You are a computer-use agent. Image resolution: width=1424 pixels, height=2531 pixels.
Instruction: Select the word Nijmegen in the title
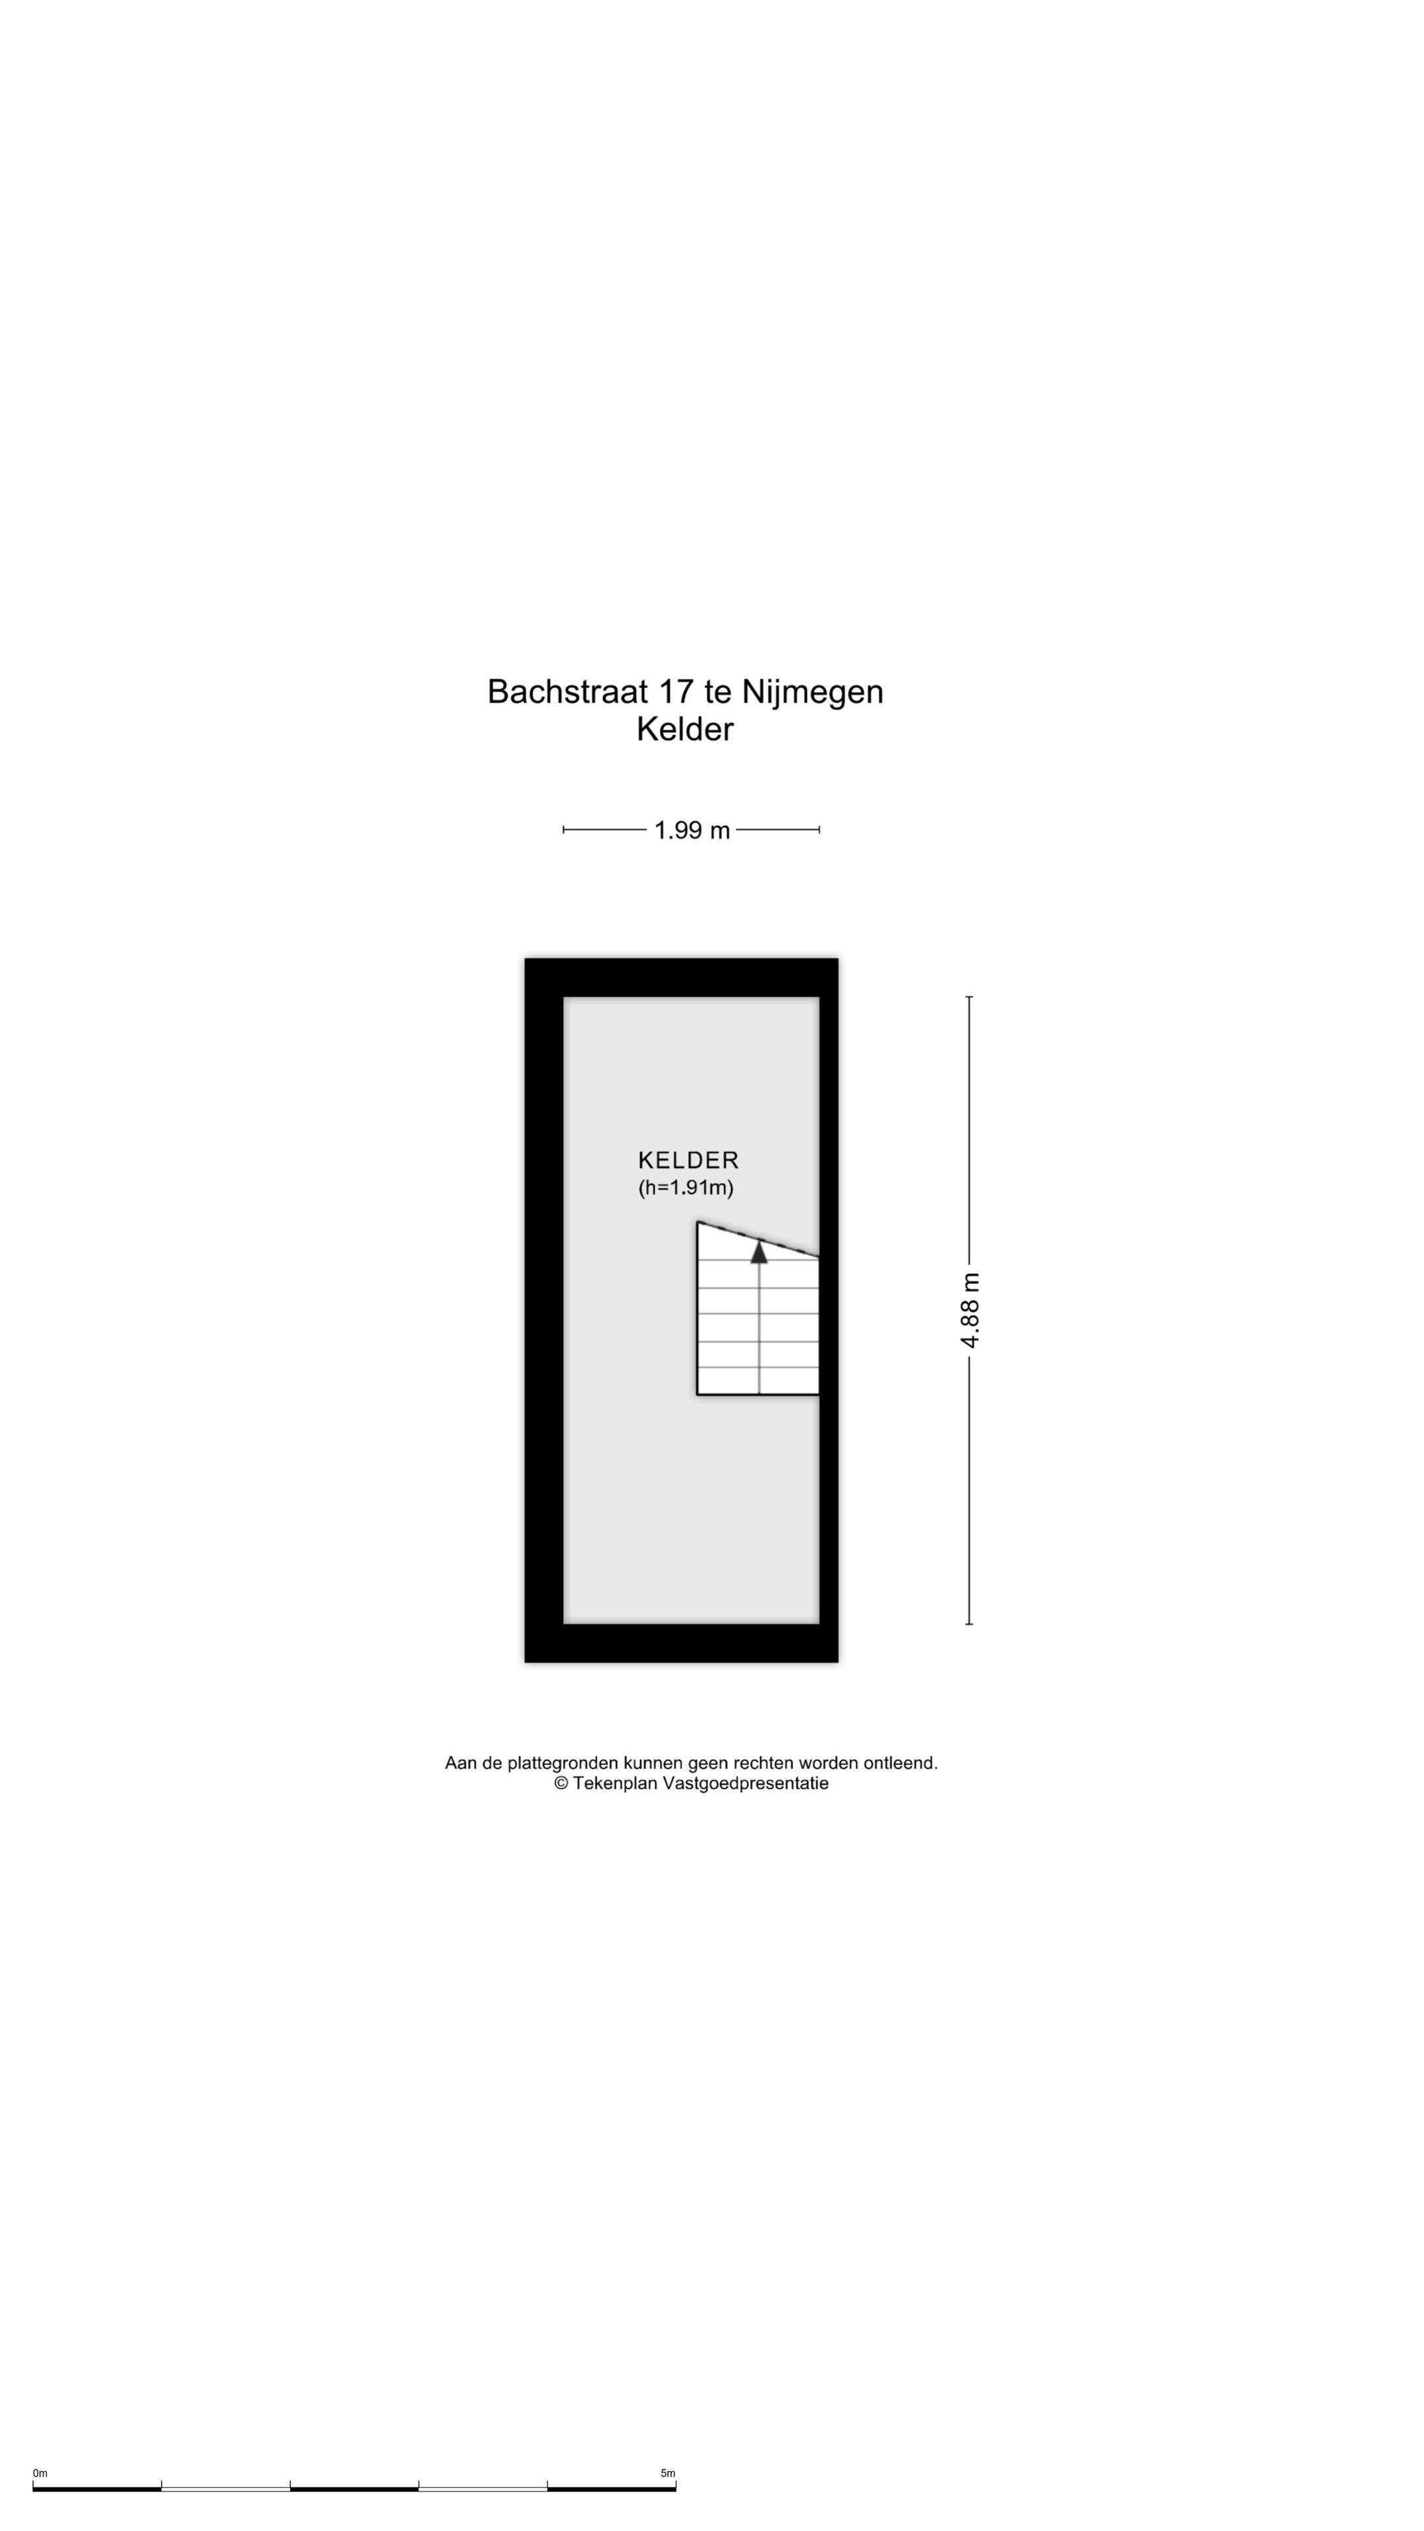pos(812,693)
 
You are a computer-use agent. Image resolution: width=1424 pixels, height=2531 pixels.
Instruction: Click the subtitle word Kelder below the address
pos(685,730)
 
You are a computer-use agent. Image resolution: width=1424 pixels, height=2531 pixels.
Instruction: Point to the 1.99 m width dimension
pos(692,830)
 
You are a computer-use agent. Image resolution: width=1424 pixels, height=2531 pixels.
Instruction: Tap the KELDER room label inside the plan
pos(688,1160)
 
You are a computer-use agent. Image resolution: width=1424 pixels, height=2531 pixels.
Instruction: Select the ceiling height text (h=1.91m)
pos(686,1188)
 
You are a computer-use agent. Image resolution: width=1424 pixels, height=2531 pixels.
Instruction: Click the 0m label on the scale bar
pos(40,2473)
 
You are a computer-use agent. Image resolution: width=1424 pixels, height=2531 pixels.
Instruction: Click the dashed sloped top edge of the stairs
pos(757,1240)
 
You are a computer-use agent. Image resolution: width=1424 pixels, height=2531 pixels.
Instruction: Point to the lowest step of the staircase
pos(757,1380)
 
